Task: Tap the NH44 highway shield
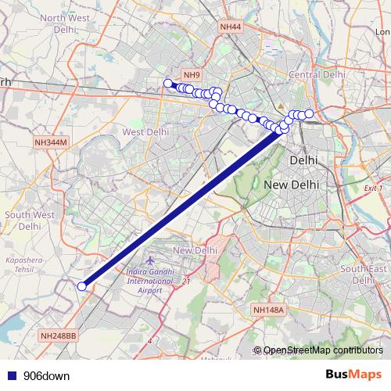coord(231,27)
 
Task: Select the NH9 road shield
coord(192,75)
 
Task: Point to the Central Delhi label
coord(317,74)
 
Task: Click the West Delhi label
coord(146,132)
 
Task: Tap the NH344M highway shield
coord(52,142)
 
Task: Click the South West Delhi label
coord(30,220)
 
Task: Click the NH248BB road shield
coord(59,335)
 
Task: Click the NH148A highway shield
coord(271,310)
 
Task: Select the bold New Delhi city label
coord(291,185)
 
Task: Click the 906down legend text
coord(46,375)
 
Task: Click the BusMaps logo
coord(354,375)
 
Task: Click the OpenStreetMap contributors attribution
coord(322,350)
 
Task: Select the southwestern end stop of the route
coord(81,286)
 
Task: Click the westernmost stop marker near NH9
coord(167,84)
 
